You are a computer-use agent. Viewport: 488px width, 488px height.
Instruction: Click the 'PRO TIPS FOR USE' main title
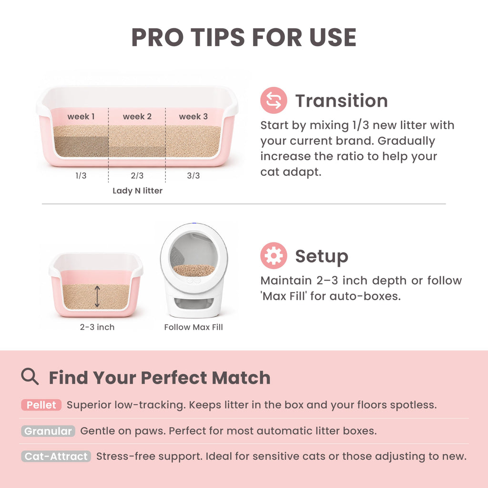pos(244,37)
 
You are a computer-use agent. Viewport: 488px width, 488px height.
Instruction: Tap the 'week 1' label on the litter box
pos(81,116)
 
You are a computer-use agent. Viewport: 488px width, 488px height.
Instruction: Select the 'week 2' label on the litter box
pos(137,116)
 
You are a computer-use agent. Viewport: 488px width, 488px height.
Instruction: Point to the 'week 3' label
pos(193,116)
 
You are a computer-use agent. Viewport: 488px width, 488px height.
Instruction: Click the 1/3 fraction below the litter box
pos(81,175)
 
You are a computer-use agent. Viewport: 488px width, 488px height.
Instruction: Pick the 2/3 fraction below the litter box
pos(137,175)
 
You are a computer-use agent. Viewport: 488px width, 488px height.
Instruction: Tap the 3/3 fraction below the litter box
pos(193,175)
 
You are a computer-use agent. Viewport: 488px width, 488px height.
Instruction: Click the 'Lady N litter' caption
pos(138,191)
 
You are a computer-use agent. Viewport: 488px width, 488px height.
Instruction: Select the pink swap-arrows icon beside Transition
pos(274,100)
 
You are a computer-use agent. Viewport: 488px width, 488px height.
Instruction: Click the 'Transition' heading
pos(341,101)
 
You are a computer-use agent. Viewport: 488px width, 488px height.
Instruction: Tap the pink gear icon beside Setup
pos(274,255)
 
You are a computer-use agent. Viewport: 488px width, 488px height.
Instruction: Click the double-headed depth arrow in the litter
pos(97,296)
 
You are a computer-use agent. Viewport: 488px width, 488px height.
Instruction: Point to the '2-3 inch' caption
pos(97,327)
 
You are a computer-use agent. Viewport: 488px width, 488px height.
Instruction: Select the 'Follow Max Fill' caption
pos(193,327)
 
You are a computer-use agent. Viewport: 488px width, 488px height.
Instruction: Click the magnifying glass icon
pos(30,376)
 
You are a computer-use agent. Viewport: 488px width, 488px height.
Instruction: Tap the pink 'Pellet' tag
pos(41,405)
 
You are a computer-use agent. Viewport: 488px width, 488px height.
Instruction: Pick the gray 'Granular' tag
pos(48,431)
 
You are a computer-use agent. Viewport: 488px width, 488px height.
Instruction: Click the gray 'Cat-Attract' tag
pos(56,456)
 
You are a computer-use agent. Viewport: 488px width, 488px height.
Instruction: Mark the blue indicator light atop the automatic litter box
pos(194,223)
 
